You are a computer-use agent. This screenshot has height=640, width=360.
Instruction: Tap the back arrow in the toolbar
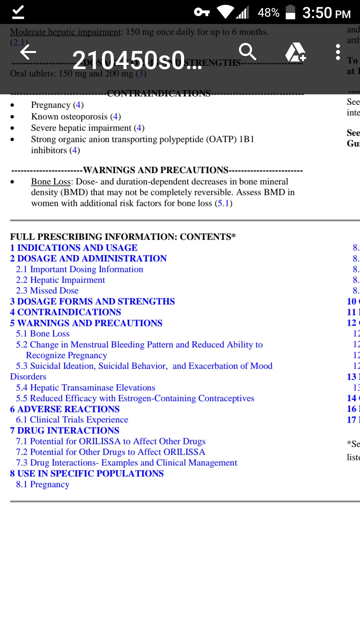coord(28,52)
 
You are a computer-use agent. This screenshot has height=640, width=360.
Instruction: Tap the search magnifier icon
coord(247,52)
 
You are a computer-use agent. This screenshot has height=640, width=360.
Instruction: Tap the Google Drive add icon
coord(295,52)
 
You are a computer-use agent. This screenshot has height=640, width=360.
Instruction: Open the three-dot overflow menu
coord(338,52)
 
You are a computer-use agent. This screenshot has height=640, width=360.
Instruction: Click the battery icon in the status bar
coord(290,12)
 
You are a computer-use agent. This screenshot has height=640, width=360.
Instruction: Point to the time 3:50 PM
coord(326,13)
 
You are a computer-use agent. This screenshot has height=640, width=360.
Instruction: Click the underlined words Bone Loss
coord(51,182)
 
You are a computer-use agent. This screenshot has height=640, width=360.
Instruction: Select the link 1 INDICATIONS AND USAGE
coord(74,248)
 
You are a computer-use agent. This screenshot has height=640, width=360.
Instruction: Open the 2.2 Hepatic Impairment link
coord(60,280)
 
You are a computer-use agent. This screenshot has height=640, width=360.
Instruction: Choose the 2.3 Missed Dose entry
coord(47,291)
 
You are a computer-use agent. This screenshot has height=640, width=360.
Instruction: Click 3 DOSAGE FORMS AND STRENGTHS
coord(92,301)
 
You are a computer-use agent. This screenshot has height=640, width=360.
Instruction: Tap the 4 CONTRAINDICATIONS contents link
coord(65,312)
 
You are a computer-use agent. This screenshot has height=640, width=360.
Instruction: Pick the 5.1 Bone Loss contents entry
coord(43,334)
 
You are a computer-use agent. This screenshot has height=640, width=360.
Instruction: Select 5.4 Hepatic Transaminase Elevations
coord(85,388)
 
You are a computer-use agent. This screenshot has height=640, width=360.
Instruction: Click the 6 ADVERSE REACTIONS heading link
coord(65,409)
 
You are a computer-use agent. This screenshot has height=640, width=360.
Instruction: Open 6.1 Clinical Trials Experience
coord(72,420)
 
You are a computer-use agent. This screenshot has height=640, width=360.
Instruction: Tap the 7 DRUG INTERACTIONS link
coord(65,430)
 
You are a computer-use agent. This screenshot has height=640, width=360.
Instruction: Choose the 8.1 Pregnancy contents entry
coord(43,484)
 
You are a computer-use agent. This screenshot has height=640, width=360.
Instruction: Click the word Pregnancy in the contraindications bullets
coord(51,105)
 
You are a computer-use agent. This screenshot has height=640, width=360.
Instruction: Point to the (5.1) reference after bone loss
coord(223,203)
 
